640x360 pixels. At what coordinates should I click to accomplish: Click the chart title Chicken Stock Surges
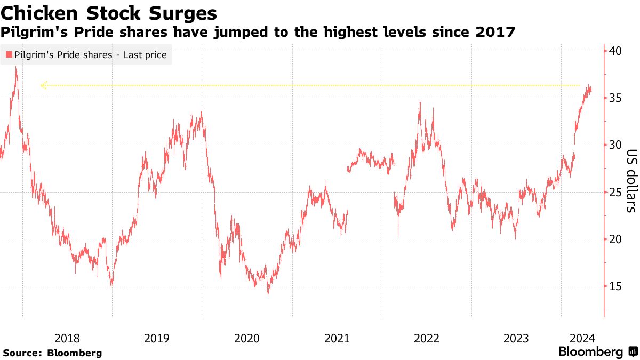109,12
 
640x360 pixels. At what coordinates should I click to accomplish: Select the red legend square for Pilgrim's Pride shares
8,54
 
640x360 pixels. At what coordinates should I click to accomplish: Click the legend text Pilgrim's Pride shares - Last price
90,54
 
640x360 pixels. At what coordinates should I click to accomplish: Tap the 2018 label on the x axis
67,338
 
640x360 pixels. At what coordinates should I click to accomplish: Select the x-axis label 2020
247,338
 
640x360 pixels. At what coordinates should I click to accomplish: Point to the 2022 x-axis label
427,338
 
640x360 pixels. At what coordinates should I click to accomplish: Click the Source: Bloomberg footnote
52,353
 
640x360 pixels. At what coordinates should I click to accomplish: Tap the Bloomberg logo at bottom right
597,352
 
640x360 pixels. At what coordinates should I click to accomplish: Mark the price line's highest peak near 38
17,68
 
